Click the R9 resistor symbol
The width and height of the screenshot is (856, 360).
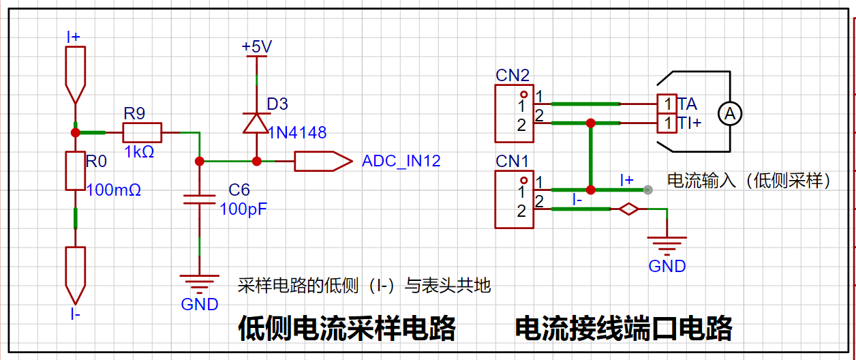tap(142, 132)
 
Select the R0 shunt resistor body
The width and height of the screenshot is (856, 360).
tap(75, 170)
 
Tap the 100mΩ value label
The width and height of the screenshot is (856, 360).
tap(114, 190)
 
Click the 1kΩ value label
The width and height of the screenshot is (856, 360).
tap(139, 152)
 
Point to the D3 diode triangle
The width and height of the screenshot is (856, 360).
tap(256, 123)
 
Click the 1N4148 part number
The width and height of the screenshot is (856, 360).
tap(297, 132)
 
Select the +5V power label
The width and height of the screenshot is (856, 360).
tap(257, 46)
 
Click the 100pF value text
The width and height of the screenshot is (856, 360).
tap(243, 209)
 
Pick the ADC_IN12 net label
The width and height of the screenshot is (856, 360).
tap(401, 162)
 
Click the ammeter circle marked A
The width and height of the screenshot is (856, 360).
tap(730, 114)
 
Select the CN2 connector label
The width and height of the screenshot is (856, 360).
tap(512, 75)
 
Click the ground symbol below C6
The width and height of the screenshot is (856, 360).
tap(199, 281)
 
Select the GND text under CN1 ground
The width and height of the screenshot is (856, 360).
tap(667, 266)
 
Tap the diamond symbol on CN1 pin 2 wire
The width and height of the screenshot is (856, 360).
tap(628, 209)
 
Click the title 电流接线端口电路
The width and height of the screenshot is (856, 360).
tap(623, 328)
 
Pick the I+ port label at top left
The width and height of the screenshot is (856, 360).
tap(74, 37)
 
